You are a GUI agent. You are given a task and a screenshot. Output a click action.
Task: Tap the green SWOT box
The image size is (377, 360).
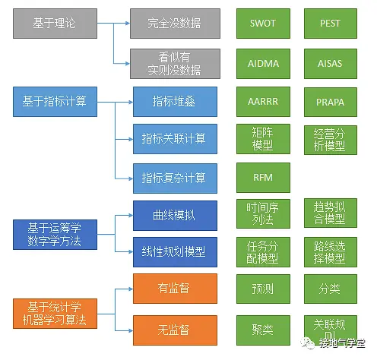pyautogui.click(x=262, y=25)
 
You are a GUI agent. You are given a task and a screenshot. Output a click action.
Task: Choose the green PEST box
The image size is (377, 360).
pyautogui.click(x=330, y=25)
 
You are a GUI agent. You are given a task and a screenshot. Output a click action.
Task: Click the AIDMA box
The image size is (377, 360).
pyautogui.click(x=262, y=62)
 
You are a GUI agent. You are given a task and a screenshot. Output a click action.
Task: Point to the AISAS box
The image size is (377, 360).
pyautogui.click(x=330, y=62)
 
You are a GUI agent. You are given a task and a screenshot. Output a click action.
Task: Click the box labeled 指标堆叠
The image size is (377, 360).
pyautogui.click(x=174, y=101)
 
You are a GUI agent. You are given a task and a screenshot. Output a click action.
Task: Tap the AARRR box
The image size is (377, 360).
pyautogui.click(x=262, y=101)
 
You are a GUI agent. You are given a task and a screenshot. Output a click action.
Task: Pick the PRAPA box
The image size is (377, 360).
pyautogui.click(x=330, y=101)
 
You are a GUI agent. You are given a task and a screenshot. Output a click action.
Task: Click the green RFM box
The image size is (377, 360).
pyautogui.click(x=262, y=177)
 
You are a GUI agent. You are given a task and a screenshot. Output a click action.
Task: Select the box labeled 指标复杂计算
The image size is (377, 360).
pyautogui.click(x=174, y=177)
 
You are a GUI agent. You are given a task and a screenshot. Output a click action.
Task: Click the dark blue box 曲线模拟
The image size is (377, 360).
pyautogui.click(x=174, y=214)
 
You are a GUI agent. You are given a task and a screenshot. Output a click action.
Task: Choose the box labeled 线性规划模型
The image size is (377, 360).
pyautogui.click(x=174, y=251)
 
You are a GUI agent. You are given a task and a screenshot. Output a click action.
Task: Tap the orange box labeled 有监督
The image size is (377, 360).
pyautogui.click(x=174, y=289)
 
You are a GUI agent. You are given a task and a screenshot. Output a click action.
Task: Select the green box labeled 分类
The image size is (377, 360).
pyautogui.click(x=330, y=289)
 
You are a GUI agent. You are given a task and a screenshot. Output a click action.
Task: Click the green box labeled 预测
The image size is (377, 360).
pyautogui.click(x=262, y=289)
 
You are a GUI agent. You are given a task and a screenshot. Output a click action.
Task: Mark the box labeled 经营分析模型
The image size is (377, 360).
pyautogui.click(x=330, y=138)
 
